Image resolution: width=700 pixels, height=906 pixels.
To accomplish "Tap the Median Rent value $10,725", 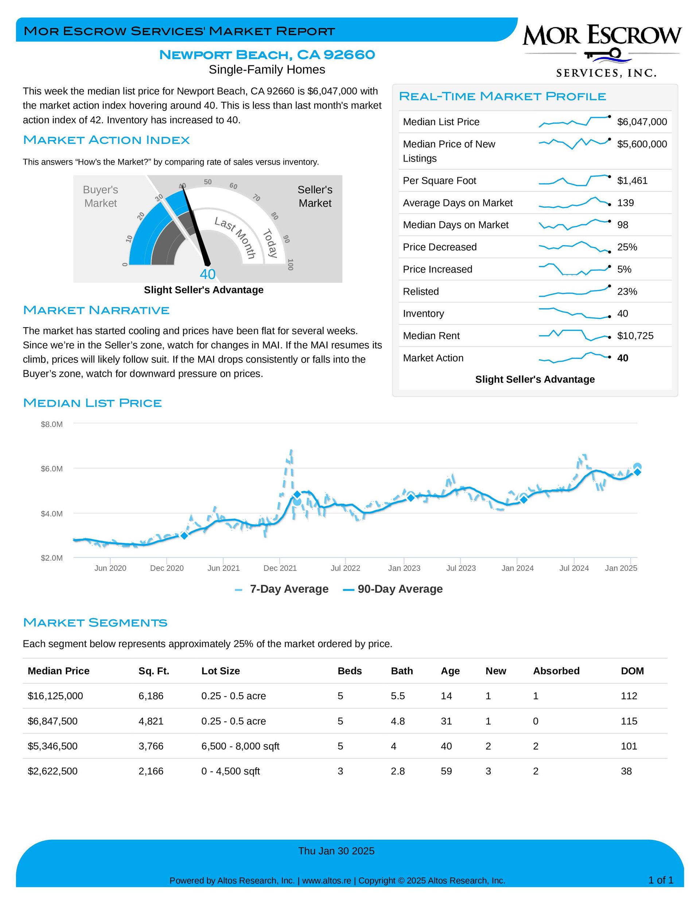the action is point(635,336).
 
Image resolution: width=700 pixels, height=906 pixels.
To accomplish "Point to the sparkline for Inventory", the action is point(574,313).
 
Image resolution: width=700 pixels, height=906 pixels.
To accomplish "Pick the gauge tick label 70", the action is point(257,198).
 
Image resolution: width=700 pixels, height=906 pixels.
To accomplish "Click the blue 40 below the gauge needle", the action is point(207,274).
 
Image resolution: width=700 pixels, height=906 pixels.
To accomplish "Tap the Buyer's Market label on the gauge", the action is point(100,196).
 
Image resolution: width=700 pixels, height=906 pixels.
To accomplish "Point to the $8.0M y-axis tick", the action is point(52,425).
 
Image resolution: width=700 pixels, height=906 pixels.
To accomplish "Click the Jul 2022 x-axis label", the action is point(345,568).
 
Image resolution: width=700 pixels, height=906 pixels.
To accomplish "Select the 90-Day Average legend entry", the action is point(393,589).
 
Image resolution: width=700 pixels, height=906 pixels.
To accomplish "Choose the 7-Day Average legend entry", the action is point(281,589).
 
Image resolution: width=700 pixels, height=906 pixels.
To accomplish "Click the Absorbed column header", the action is point(556,671).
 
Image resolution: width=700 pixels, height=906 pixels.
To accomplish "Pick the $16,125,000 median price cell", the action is point(55,696).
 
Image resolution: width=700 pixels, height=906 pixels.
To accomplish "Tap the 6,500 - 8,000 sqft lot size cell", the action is point(240,746).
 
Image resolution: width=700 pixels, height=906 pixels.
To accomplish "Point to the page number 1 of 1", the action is point(661,880).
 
